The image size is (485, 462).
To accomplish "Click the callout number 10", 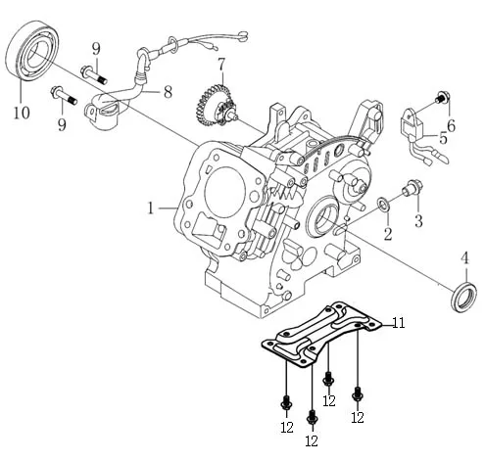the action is point(22,113).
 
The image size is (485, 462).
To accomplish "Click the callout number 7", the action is point(221,65).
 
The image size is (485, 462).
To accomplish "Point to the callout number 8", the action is point(168,92).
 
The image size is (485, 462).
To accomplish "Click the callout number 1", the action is point(151,208).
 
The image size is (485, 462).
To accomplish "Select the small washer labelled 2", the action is point(383,205).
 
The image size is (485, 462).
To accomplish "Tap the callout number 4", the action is point(465,258).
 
